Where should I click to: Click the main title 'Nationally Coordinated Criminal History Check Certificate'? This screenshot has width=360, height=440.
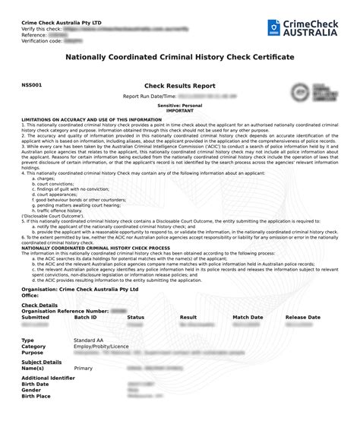click(x=180, y=57)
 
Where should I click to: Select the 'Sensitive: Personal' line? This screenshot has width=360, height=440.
click(x=180, y=106)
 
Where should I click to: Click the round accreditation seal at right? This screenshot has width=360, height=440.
click(x=311, y=97)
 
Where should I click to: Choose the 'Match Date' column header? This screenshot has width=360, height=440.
click(x=248, y=317)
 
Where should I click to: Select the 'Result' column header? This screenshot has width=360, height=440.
click(x=188, y=317)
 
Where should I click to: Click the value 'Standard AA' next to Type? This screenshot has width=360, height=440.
click(x=89, y=340)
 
